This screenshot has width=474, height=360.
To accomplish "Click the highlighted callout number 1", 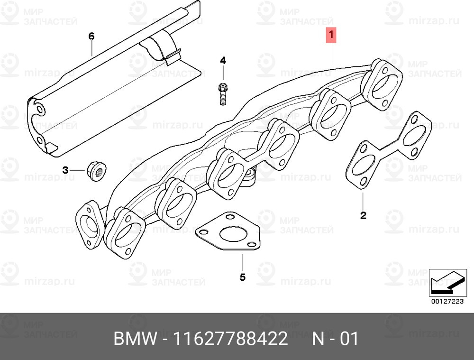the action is pos(331,35).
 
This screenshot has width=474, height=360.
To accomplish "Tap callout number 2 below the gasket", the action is pos(363,215).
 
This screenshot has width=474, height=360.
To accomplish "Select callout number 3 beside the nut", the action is pos(65,170).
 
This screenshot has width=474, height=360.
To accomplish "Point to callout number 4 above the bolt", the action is pos(223,61).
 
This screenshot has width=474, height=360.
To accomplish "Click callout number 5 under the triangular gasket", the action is pos(242,277).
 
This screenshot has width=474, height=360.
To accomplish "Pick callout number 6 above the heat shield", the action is pos(91,37).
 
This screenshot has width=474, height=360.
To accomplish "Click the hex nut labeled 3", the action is pos(97,171).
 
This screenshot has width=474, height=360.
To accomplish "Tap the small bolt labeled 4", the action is pos(223,94).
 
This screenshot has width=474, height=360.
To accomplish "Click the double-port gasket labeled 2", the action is pos(389,150).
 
